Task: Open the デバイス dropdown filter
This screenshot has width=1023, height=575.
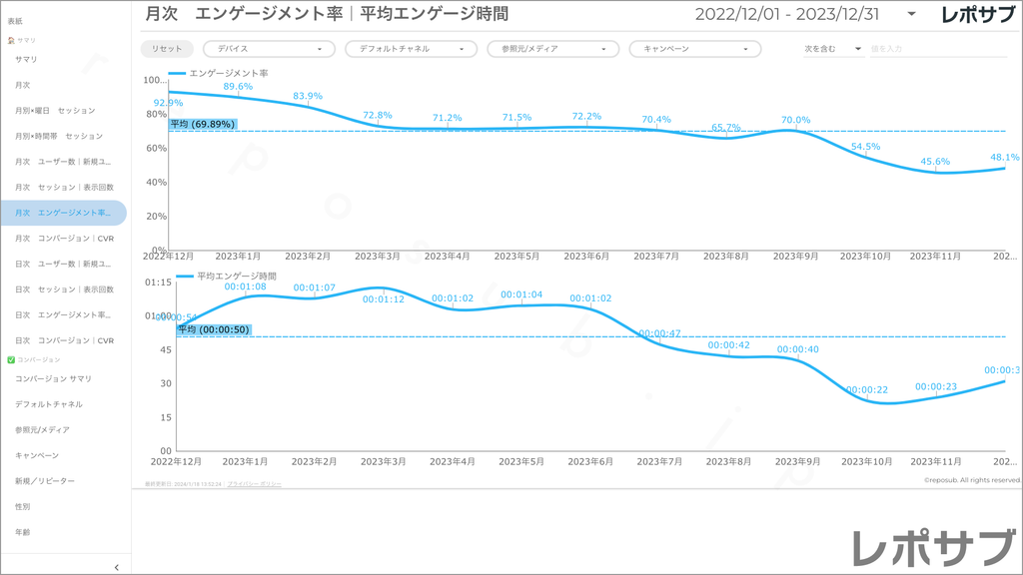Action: pyautogui.click(x=269, y=49)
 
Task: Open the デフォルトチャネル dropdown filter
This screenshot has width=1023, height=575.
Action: pyautogui.click(x=411, y=49)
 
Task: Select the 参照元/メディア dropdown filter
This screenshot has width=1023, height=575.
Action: pyautogui.click(x=552, y=49)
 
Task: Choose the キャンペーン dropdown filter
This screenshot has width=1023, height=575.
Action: pyautogui.click(x=694, y=49)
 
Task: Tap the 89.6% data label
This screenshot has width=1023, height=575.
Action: pyautogui.click(x=238, y=87)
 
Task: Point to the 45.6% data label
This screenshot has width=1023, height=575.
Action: pyautogui.click(x=935, y=161)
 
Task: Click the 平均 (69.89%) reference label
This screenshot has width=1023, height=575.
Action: pyautogui.click(x=203, y=125)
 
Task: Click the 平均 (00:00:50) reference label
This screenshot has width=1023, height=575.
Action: pyautogui.click(x=214, y=329)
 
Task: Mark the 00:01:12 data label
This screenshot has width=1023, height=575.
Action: pyautogui.click(x=384, y=299)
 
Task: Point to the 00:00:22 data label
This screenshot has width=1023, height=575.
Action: pyautogui.click(x=867, y=389)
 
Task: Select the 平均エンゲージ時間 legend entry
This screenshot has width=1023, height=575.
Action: pyautogui.click(x=236, y=276)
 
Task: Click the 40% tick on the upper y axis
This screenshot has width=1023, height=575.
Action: pyautogui.click(x=155, y=182)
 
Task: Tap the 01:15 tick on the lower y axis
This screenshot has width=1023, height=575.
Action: pyautogui.click(x=159, y=283)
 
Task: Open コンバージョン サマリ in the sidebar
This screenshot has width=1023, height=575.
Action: pyautogui.click(x=53, y=378)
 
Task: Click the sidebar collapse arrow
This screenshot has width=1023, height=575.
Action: pyautogui.click(x=117, y=567)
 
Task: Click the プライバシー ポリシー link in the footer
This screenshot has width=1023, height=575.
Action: pyautogui.click(x=254, y=483)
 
